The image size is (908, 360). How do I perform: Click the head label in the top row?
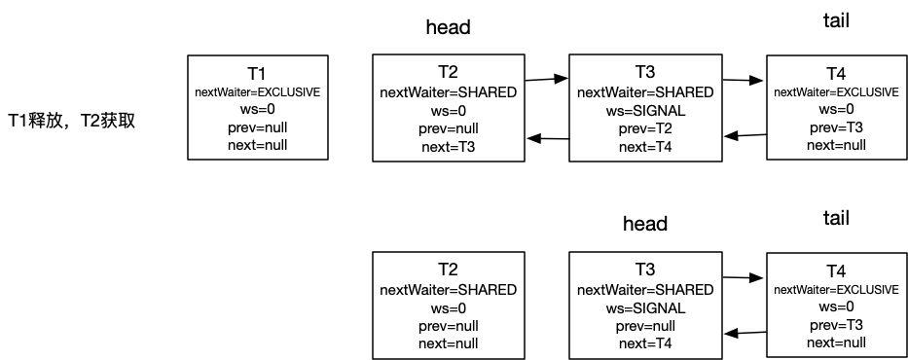449,28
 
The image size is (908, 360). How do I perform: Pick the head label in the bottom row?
645,225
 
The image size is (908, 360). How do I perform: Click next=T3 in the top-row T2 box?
449,147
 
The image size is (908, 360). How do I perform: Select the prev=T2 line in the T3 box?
645,129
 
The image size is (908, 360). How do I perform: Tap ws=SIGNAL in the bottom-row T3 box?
645,307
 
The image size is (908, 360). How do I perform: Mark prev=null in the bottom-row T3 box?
645,325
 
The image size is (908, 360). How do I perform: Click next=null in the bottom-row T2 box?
449,343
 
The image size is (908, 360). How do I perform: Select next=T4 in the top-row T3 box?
645,147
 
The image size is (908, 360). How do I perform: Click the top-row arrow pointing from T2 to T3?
546,78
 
